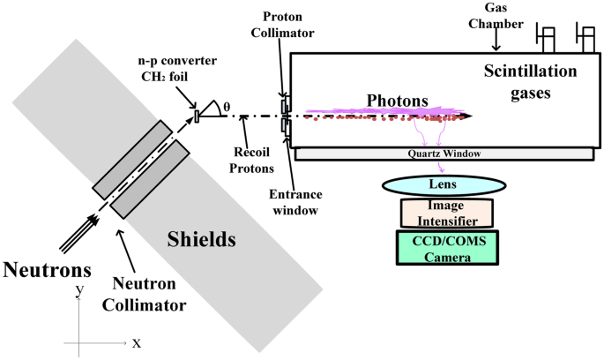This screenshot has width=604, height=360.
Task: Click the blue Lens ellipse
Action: tap(444, 185)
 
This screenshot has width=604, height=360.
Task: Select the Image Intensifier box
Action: tap(447, 213)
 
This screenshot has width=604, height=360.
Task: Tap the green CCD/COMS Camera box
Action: tap(447, 246)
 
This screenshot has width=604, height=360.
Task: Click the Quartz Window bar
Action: tap(444, 154)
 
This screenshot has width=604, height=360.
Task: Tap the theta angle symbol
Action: tap(226, 107)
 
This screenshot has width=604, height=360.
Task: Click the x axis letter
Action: tap(137, 342)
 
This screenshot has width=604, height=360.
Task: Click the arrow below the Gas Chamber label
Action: tap(496, 40)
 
